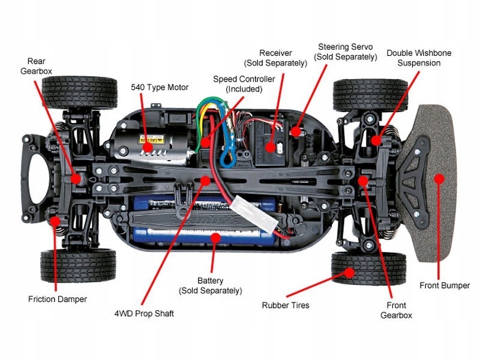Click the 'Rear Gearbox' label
pos(36,66)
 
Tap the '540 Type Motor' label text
pos(160,87)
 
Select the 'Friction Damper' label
pos(58,299)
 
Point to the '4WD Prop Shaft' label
pos(144,313)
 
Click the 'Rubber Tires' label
pos(286,305)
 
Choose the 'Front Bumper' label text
pos(445,286)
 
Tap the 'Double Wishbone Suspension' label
pos(419,58)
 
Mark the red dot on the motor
pos(148,147)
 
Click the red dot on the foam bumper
pos(439,179)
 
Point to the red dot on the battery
pos(215,238)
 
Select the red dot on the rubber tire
pos(349,272)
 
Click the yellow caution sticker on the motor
pos(152,139)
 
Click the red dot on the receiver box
pos(270,147)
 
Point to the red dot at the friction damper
pos(55,221)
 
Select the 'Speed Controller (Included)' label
pos(244,84)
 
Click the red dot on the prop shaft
pos(205,181)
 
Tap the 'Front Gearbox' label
pos(396,310)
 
